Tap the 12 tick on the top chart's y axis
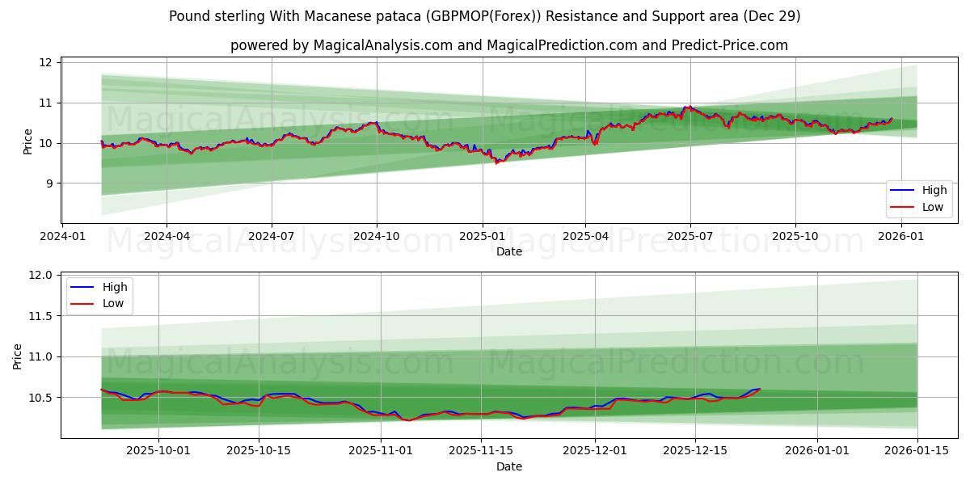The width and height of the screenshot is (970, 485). coord(45,63)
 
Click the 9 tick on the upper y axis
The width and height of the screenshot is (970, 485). coord(48,183)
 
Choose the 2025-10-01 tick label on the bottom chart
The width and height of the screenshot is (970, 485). coord(158,450)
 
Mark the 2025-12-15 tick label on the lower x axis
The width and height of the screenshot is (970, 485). coord(694,450)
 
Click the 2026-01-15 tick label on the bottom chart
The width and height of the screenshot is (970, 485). coord(917,450)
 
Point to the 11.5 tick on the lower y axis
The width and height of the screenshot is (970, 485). coord(40,316)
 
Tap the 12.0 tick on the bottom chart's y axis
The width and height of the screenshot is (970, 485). coord(40,276)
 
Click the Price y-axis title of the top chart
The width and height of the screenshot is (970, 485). coord(28,141)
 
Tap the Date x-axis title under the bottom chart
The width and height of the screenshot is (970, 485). coord(508,466)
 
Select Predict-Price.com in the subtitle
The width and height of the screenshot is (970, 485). coord(729,45)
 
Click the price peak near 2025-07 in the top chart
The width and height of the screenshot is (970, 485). coord(688,107)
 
